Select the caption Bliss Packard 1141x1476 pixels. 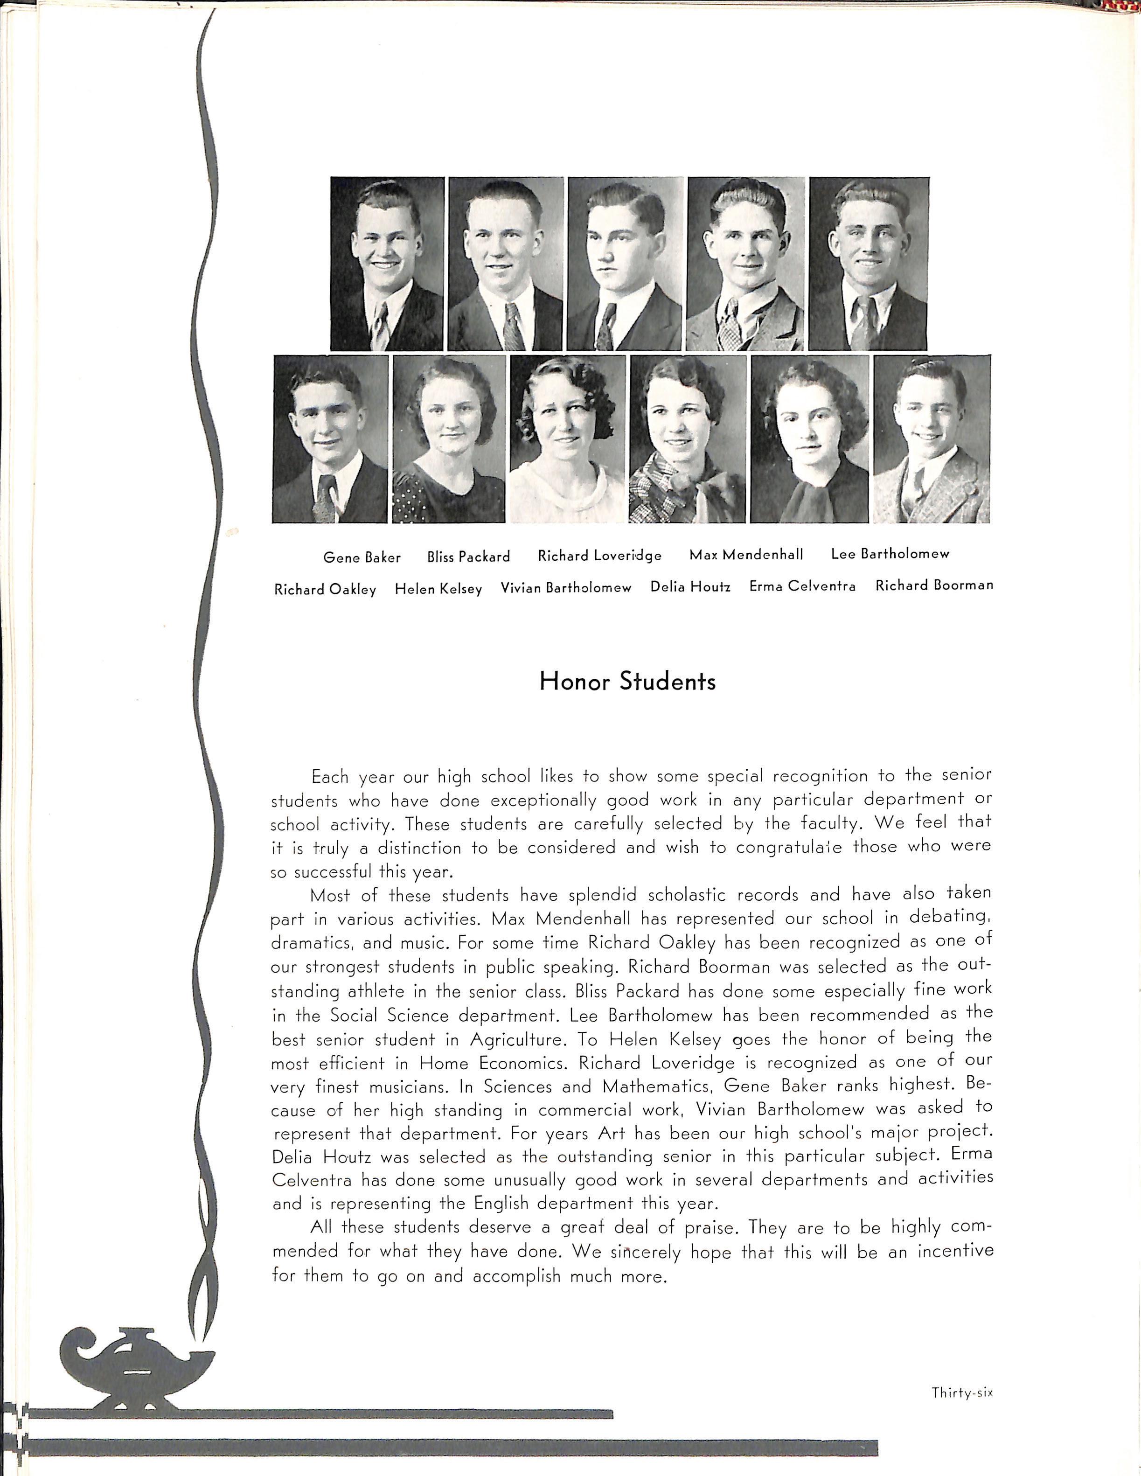click(x=468, y=557)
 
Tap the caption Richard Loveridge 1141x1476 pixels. click(x=599, y=556)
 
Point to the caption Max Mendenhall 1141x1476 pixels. click(x=746, y=555)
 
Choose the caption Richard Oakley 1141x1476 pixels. click(x=325, y=589)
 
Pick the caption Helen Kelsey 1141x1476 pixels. click(x=438, y=589)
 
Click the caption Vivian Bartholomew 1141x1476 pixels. click(x=566, y=588)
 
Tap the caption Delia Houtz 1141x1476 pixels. click(x=690, y=586)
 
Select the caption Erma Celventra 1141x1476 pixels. click(x=802, y=586)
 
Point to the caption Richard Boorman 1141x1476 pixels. click(x=934, y=585)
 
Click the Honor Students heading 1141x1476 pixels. click(x=627, y=681)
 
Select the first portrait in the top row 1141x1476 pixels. click(x=387, y=264)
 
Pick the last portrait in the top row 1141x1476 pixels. click(x=869, y=264)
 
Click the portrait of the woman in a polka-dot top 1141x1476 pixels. click(x=449, y=439)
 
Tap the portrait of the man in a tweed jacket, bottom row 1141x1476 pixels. click(x=932, y=439)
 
